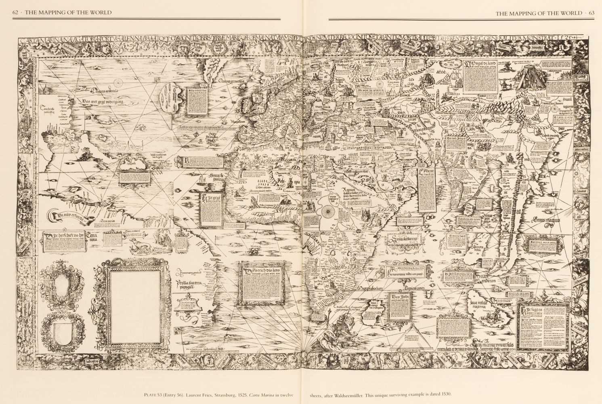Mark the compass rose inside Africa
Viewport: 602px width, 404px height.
[327, 210]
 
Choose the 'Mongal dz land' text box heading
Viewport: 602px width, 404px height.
[480, 64]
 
